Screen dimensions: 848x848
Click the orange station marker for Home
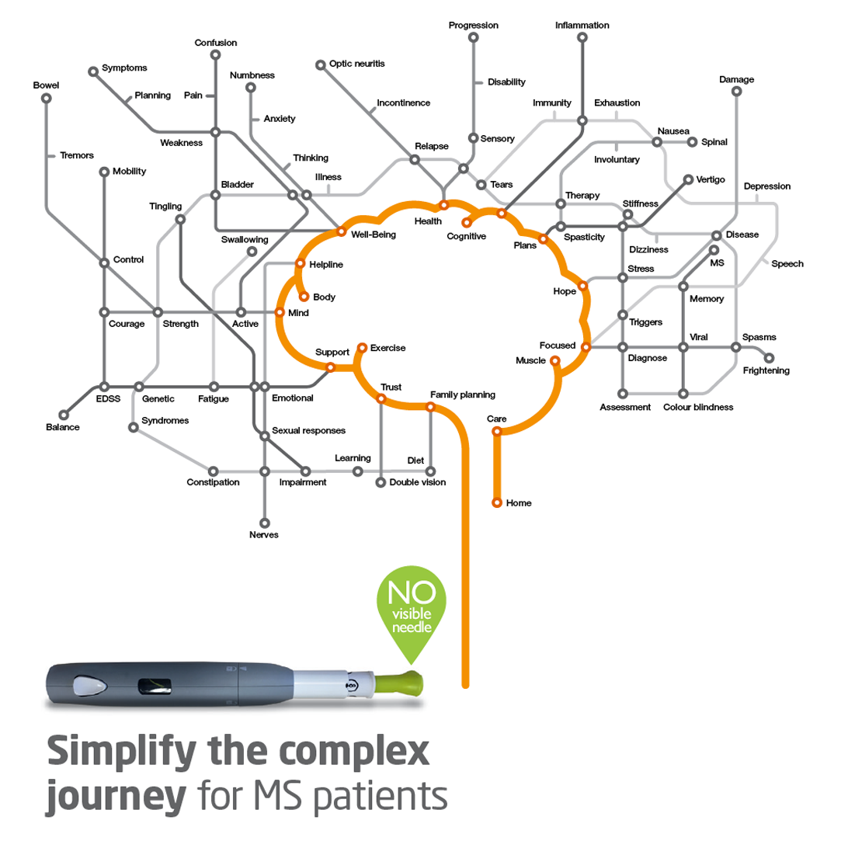[497, 502]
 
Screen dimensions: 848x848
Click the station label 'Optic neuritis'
[356, 63]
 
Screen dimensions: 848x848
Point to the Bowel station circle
[47, 98]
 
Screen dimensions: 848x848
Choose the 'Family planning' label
[462, 394]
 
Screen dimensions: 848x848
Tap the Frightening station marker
[770, 358]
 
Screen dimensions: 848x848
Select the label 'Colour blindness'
[697, 407]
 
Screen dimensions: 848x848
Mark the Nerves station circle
[264, 523]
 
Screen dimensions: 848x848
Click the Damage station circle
[736, 92]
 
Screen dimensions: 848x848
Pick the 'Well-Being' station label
[373, 234]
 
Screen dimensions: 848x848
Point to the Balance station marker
[64, 415]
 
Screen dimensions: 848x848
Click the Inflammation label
[582, 26]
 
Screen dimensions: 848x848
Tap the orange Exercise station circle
[361, 348]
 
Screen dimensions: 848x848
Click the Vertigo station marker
[687, 179]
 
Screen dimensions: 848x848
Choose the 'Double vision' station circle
[381, 482]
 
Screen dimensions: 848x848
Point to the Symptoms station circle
[93, 71]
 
